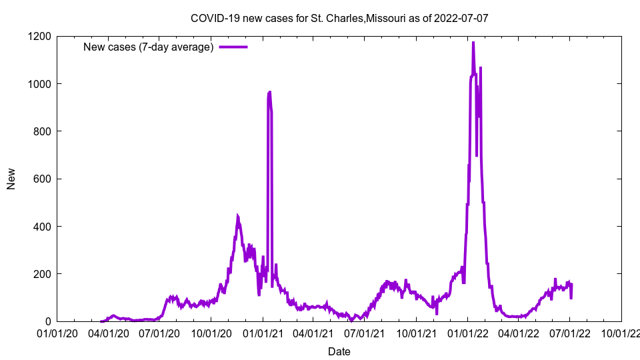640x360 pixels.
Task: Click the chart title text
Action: tap(339, 18)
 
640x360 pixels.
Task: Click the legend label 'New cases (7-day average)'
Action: tap(148, 47)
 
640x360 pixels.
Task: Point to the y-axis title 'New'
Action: tap(11, 179)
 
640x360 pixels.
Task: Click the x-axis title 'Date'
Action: tap(339, 351)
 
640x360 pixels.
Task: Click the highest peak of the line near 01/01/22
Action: tap(473, 43)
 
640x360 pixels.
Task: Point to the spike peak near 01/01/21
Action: tap(269, 92)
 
